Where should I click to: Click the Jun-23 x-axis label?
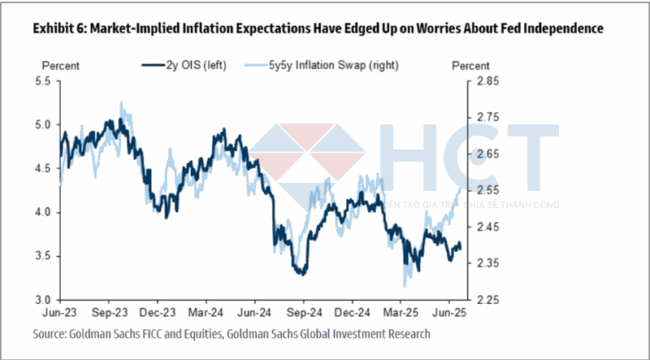pyautogui.click(x=62, y=312)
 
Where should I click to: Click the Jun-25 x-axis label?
pyautogui.click(x=450, y=312)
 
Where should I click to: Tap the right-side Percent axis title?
pyautogui.click(x=470, y=65)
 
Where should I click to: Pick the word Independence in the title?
pyautogui.click(x=556, y=29)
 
